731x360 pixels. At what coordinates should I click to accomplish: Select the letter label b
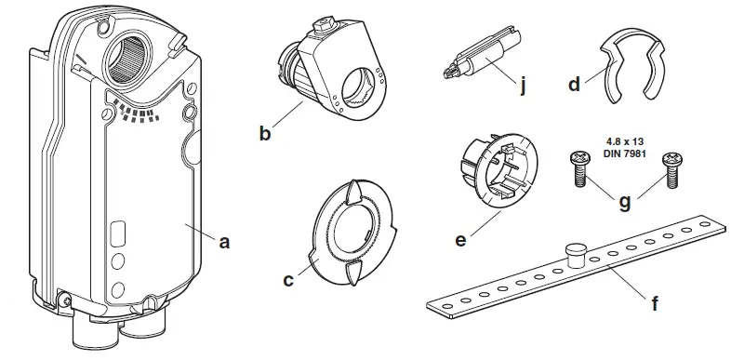click(266, 134)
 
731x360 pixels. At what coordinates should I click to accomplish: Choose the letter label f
click(657, 302)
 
